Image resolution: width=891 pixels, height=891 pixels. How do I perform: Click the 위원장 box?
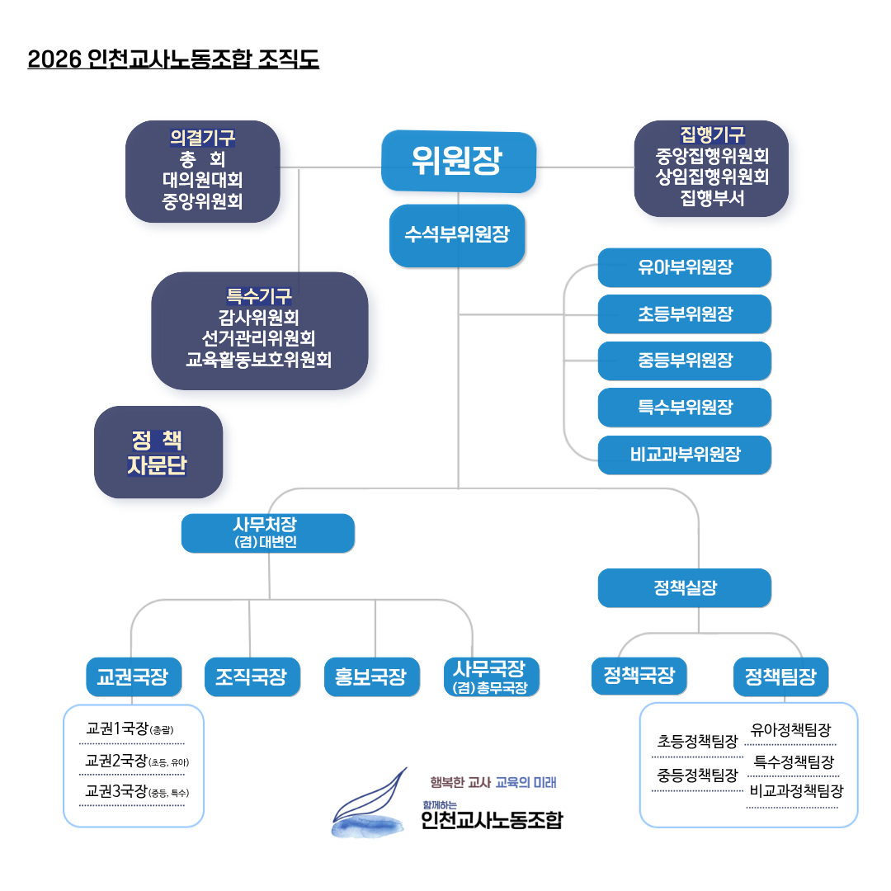[459, 162]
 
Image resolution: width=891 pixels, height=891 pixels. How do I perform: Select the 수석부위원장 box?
[457, 235]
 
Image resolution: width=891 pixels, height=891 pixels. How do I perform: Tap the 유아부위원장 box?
[685, 267]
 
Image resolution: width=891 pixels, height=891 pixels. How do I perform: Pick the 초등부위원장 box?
[685, 314]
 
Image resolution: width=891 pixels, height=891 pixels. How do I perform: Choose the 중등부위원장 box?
[685, 361]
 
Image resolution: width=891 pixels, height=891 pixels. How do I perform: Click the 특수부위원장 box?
[685, 408]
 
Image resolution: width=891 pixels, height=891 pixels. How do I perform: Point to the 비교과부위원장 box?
[685, 455]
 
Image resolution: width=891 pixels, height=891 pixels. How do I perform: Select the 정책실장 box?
[685, 588]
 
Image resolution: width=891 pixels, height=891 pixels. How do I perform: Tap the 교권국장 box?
[133, 677]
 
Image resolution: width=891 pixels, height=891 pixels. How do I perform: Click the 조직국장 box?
[252, 677]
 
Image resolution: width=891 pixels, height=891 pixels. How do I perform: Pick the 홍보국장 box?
[371, 677]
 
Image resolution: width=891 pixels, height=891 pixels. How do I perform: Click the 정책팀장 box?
[780, 677]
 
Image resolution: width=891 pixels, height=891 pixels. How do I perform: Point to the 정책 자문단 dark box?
[158, 452]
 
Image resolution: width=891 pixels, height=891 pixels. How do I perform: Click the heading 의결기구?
[202, 137]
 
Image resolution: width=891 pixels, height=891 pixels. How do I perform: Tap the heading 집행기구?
[712, 134]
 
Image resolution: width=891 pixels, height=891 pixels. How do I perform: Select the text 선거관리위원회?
[258, 338]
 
